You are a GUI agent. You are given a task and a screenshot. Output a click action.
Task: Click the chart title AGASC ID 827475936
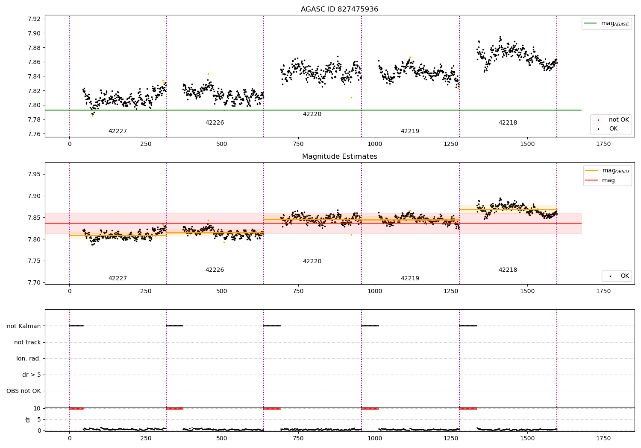339,9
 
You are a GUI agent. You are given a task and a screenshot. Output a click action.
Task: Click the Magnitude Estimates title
339,157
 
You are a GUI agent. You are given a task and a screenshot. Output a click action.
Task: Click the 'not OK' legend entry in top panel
618,120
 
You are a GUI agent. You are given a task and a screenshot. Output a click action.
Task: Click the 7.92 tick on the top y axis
34,19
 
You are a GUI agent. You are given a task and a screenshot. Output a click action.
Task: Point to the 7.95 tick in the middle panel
34,174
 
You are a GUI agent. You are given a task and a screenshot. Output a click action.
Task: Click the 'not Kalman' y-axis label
24,326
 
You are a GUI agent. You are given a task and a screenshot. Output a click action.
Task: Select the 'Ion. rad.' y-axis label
29,358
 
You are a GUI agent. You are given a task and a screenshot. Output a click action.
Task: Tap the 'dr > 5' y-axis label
32,375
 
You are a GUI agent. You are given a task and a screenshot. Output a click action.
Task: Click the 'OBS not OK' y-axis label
24,391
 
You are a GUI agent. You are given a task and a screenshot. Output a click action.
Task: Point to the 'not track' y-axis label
27,342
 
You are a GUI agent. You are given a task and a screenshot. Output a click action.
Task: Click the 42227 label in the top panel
118,131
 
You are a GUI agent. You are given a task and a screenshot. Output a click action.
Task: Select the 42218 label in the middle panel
508,270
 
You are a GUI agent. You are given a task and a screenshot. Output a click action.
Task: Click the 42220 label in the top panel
312,114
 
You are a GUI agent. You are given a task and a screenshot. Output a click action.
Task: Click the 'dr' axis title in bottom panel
28,419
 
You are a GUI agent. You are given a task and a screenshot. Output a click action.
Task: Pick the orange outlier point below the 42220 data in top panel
351,97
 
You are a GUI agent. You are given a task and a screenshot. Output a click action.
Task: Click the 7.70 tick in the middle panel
34,282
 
